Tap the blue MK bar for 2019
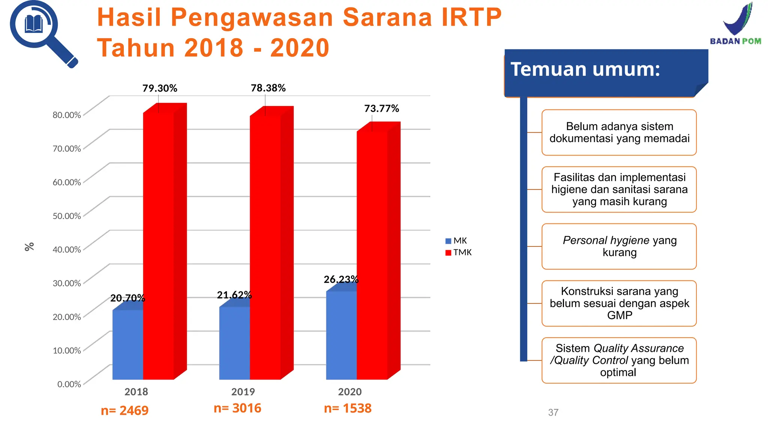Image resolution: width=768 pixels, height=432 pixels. pos(234,343)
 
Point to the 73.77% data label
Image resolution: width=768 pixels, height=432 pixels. pos(381,109)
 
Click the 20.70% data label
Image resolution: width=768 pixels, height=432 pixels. pos(127,298)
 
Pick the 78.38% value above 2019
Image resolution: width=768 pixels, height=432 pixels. pos(268,88)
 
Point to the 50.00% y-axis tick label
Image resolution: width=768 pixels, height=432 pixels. pos(67,216)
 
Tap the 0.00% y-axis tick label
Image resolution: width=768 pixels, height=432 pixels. pos(69,384)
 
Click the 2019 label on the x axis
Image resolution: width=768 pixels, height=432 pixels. pos(243,392)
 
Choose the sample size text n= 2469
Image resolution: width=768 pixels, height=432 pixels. pos(124,411)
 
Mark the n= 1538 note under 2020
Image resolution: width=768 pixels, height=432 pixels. pos(348,408)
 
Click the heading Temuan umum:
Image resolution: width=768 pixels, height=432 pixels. pos(585,70)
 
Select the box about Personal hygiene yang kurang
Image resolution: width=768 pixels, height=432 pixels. pos(619,246)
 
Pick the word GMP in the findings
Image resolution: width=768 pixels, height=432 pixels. pos(619,315)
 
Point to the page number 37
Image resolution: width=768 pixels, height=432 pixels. pos(553,412)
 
